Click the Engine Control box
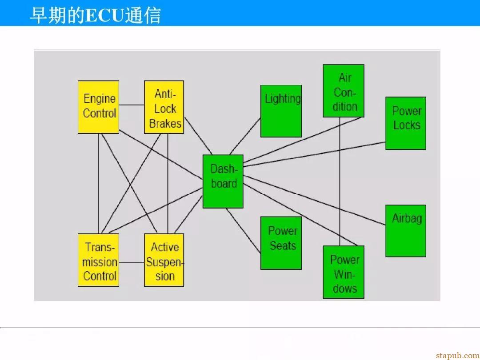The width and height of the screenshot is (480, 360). click(98, 107)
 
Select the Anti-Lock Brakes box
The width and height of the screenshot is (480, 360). click(164, 107)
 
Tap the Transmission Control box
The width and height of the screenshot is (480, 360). click(98, 260)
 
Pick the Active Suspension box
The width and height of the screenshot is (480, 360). click(164, 260)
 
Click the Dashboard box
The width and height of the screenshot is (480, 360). click(223, 181)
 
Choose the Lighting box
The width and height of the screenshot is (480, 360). click(281, 111)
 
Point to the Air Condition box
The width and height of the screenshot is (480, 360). click(344, 91)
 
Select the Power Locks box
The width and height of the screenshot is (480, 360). click(406, 124)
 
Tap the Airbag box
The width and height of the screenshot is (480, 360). click(406, 231)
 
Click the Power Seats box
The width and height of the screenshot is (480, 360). click(281, 243)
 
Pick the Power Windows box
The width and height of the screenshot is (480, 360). click(344, 272)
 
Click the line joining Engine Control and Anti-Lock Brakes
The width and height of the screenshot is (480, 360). click(132, 105)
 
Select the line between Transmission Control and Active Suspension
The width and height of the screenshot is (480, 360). click(132, 262)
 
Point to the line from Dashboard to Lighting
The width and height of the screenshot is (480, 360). click(245, 136)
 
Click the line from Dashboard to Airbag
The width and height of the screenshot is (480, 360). click(314, 200)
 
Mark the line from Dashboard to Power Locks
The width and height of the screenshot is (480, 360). click(314, 154)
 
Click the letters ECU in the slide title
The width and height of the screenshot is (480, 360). click(104, 16)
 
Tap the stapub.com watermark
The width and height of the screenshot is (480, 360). click(458, 355)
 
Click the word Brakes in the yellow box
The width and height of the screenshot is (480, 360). click(165, 124)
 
